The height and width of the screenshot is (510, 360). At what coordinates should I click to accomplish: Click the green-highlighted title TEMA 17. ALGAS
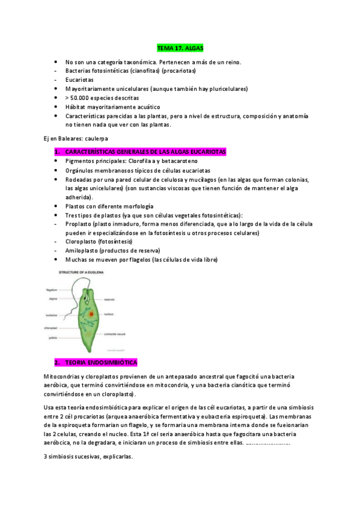tap(180, 48)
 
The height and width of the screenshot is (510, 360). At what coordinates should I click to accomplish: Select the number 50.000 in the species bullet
tap(82, 97)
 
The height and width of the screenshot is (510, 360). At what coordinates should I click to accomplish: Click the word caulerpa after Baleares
tap(91, 138)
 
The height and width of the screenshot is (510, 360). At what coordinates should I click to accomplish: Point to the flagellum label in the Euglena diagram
tap(52, 289)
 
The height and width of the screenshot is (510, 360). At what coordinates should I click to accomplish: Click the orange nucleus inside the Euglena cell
tap(91, 313)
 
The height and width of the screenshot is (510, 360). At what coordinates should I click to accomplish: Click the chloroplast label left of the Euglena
tap(50, 328)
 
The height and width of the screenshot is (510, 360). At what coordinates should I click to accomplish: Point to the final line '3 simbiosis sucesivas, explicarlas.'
tap(88, 456)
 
